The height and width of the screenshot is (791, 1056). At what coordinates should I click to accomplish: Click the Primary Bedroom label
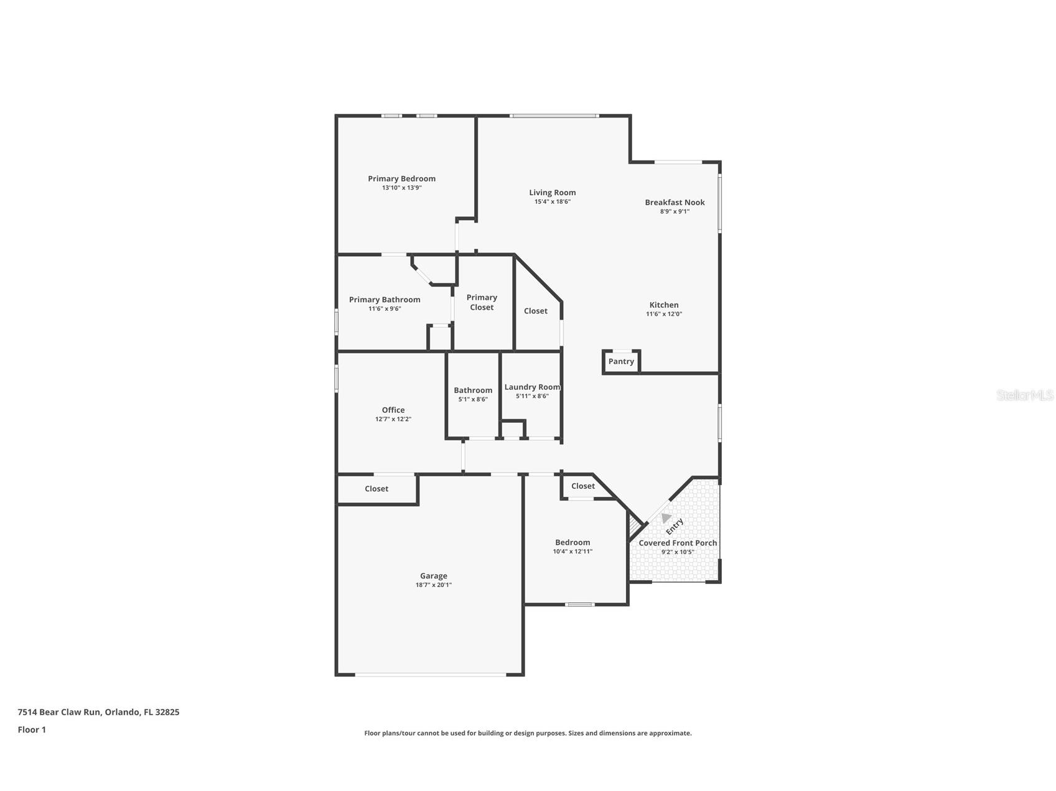[401, 178]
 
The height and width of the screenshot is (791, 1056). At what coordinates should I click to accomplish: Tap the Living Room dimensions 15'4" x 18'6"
[553, 201]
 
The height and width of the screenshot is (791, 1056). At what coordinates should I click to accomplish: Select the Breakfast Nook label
[675, 202]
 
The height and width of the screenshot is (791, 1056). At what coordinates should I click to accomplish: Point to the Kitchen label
[664, 305]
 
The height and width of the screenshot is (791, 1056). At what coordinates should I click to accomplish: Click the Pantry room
[621, 361]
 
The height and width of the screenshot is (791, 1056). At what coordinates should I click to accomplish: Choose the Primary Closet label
[482, 302]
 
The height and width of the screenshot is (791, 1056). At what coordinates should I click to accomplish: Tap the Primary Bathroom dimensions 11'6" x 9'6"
[385, 308]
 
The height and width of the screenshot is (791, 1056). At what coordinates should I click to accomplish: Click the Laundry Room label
[532, 387]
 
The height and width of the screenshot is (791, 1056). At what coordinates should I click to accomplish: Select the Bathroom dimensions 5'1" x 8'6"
[473, 399]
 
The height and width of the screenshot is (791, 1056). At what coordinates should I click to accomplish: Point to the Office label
[393, 410]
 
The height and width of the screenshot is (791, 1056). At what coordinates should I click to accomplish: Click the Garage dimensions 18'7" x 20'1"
[434, 585]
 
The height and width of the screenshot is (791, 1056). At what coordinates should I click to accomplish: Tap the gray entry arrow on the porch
[666, 517]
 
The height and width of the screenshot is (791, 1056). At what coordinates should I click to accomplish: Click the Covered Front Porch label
[678, 543]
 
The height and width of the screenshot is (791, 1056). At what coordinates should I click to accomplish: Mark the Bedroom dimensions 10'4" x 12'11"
[572, 551]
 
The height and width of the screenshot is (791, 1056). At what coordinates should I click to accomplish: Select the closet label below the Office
[376, 489]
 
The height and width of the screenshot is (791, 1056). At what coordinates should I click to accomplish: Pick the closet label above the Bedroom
[583, 486]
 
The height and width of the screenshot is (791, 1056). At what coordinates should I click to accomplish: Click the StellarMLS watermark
[1025, 395]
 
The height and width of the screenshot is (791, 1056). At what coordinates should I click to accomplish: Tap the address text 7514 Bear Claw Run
[59, 712]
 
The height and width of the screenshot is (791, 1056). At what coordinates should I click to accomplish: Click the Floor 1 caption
[32, 729]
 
